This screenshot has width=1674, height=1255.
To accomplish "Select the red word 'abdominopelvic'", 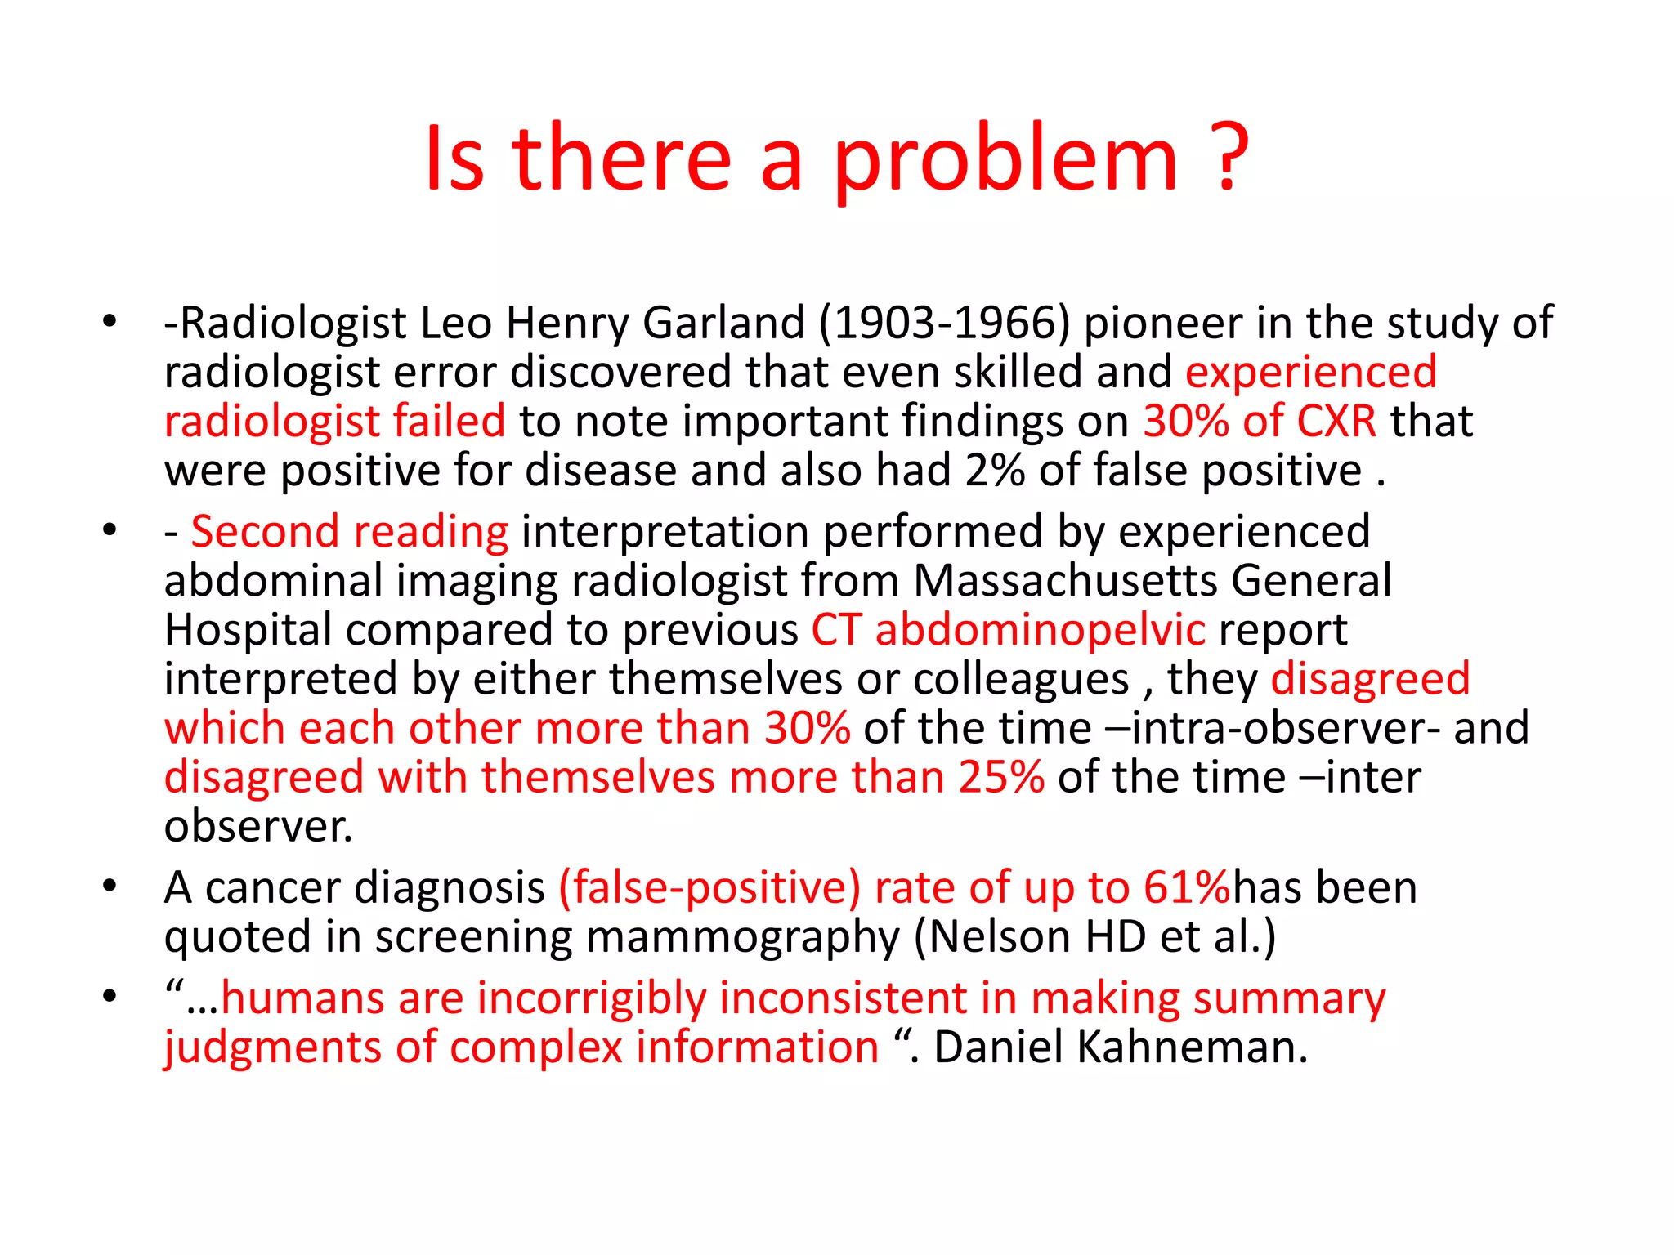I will (1040, 630).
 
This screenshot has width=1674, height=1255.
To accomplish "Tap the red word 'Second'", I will (265, 532).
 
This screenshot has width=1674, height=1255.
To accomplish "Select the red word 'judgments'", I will (272, 1047).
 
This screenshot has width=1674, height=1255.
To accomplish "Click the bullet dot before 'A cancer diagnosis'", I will (110, 886).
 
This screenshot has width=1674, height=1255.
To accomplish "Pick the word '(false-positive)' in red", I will (709, 887).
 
